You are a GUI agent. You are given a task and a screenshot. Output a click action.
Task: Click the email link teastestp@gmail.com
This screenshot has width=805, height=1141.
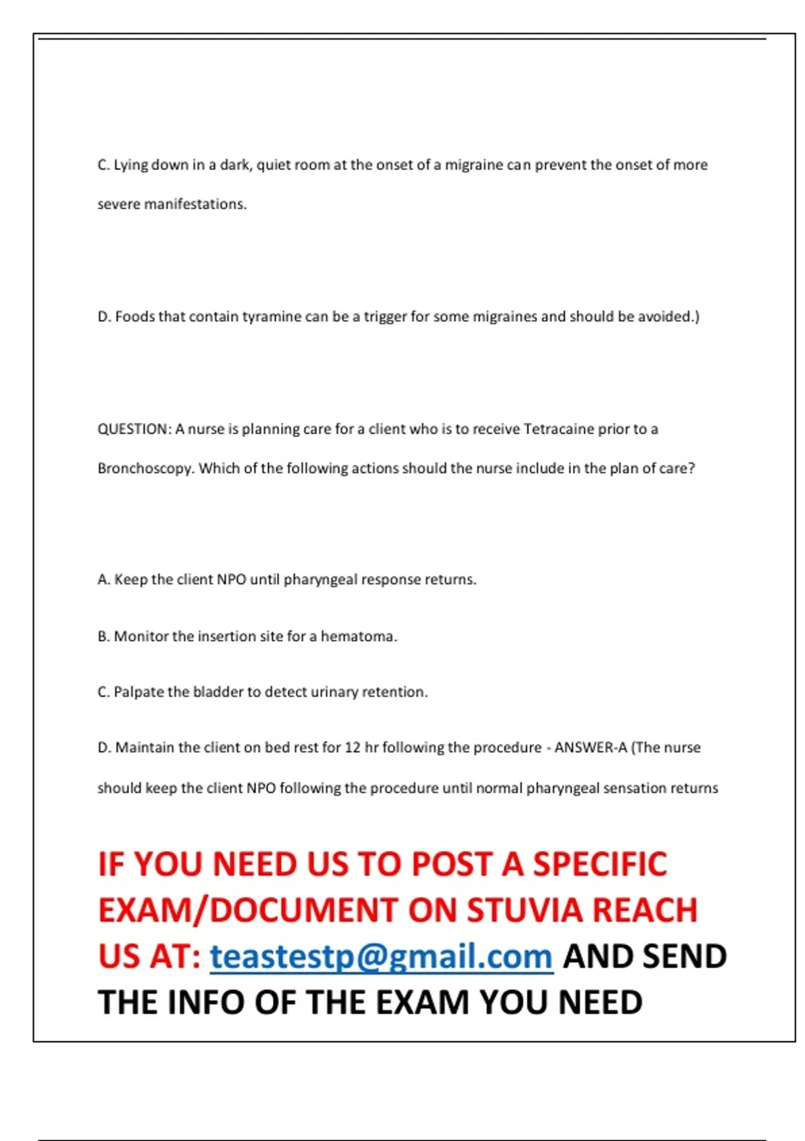coord(381,956)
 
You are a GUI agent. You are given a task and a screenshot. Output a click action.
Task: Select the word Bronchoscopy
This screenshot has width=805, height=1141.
coord(146,468)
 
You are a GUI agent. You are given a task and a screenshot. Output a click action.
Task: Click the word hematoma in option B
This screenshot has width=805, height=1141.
coord(358,636)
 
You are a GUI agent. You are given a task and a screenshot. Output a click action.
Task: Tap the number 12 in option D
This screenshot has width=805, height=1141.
coord(352,748)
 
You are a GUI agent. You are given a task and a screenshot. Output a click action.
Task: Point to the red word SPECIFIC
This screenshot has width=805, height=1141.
coord(600,864)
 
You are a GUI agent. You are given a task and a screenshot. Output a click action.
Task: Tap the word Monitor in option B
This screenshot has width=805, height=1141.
coord(140,636)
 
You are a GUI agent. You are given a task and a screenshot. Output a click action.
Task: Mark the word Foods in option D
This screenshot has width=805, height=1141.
coord(135,317)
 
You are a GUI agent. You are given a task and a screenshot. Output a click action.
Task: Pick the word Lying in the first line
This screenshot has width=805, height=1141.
coord(131,165)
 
